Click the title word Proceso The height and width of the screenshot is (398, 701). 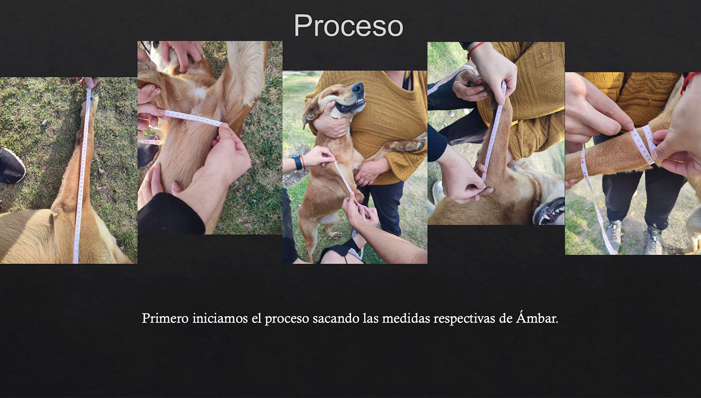click(348, 26)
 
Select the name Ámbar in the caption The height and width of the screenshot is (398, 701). click(537, 318)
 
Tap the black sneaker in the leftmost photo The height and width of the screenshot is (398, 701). click(11, 166)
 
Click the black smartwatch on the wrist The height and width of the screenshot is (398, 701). click(297, 162)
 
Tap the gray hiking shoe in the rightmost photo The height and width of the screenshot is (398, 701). click(613, 234)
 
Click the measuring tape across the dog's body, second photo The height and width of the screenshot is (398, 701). click(192, 118)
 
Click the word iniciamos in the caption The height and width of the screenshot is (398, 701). click(220, 318)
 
